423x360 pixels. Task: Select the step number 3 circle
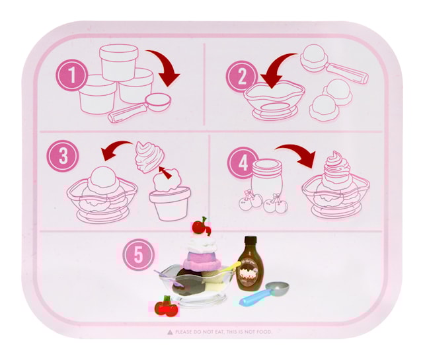click(x=63, y=157)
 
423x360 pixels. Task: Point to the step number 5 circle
click(x=139, y=254)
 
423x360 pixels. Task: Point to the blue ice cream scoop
click(x=266, y=293)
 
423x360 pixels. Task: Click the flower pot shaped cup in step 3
click(x=169, y=203)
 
